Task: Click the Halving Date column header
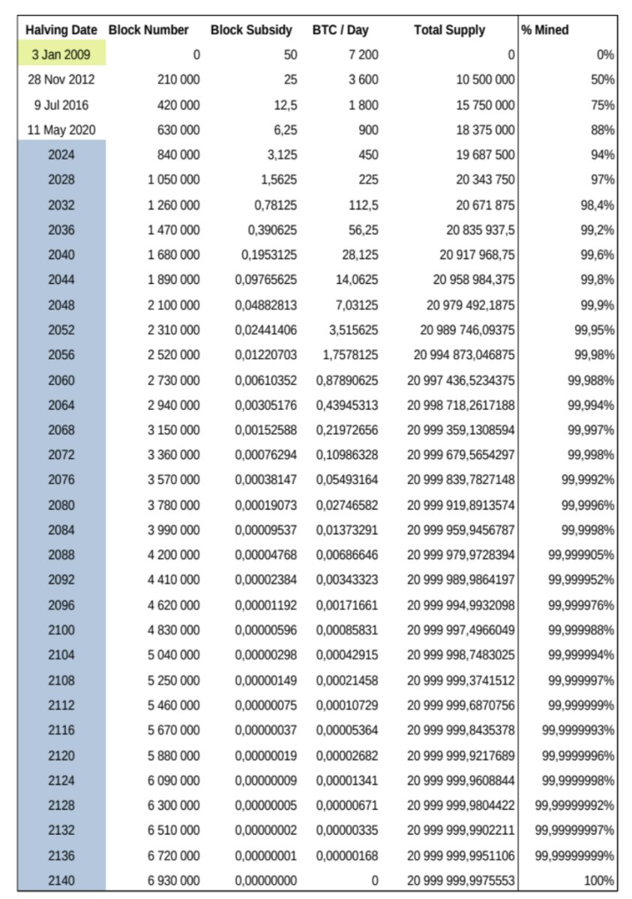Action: click(61, 31)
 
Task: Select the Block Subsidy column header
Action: click(251, 31)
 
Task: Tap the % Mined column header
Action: click(545, 31)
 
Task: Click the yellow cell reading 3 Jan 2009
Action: click(61, 55)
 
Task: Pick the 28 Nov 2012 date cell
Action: click(61, 79)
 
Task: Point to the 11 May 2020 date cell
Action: click(61, 130)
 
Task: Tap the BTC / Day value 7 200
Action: click(363, 55)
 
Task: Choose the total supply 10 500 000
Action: click(486, 79)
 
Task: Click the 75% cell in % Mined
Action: click(603, 105)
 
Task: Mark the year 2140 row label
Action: click(61, 881)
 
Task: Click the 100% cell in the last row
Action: click(600, 881)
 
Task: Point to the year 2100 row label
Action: click(61, 630)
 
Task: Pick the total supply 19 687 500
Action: click(486, 154)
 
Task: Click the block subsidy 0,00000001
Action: click(265, 856)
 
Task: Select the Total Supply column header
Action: click(449, 31)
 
